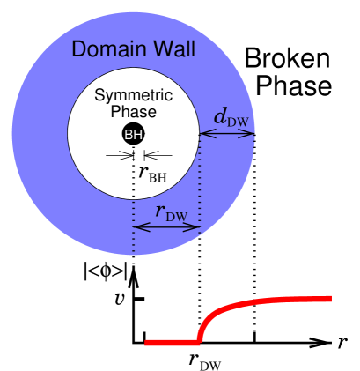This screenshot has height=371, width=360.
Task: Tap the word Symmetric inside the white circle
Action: (133, 95)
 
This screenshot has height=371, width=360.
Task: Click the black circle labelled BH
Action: (133, 135)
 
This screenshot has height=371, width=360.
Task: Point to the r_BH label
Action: (151, 173)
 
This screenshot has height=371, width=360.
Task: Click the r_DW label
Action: (171, 211)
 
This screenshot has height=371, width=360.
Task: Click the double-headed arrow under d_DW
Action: (227, 135)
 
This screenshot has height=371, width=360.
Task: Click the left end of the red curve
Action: (146, 342)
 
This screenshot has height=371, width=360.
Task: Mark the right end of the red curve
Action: (330, 299)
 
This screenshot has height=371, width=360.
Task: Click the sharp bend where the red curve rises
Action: (200, 340)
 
